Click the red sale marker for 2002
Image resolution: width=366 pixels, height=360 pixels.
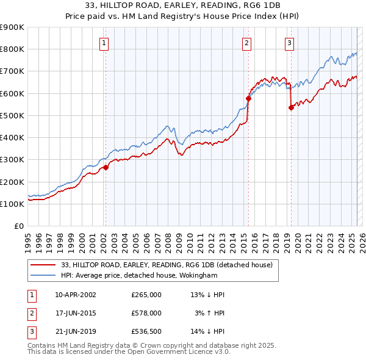106,167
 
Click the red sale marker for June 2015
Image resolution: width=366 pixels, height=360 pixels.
248,98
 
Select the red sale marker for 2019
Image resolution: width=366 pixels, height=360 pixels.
291,107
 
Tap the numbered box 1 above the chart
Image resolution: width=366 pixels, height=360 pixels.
104,43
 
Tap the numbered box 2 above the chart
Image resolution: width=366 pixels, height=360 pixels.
246,43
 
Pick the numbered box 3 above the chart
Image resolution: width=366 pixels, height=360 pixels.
289,43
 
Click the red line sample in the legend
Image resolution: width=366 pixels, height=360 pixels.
43,265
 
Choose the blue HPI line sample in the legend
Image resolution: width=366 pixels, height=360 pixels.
43,275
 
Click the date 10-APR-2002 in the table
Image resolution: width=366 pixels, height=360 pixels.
76,295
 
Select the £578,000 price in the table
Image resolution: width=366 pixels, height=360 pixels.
146,313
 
